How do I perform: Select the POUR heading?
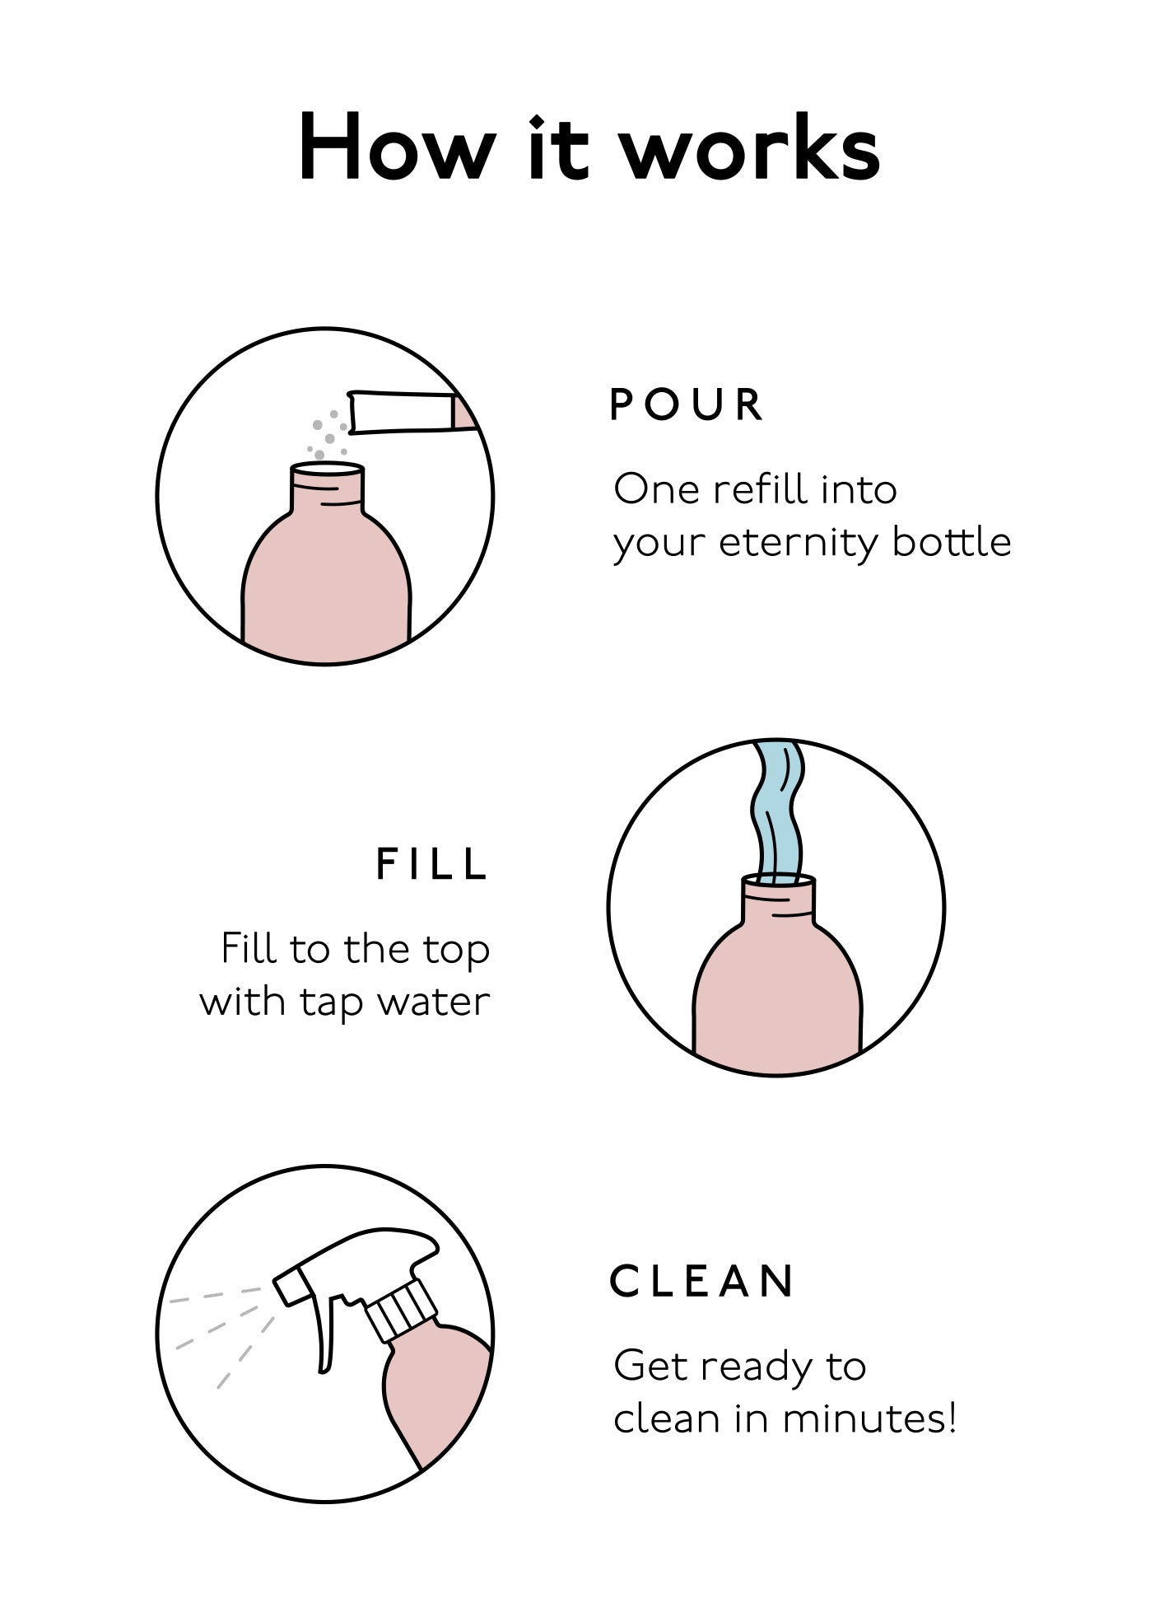pos(687,404)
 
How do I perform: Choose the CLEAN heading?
pos(702,1281)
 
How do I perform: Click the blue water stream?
pos(776,811)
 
